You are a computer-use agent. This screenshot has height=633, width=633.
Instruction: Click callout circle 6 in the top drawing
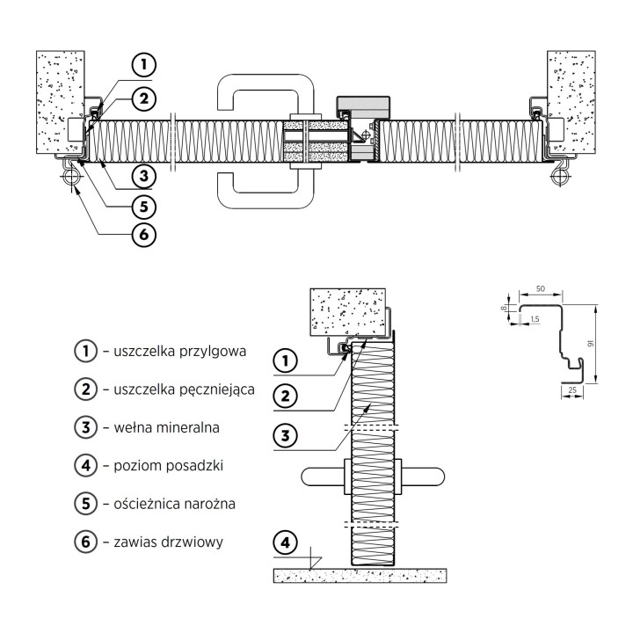[144, 235]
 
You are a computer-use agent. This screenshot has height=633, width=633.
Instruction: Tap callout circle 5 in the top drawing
[144, 207]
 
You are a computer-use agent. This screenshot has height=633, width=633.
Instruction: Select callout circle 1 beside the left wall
[144, 64]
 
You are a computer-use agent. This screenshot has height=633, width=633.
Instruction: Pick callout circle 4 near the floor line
[286, 542]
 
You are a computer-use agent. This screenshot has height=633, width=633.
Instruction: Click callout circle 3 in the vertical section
[286, 435]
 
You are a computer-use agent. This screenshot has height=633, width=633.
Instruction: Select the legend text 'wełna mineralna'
[166, 427]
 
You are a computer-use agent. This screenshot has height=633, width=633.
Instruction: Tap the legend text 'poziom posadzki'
[168, 465]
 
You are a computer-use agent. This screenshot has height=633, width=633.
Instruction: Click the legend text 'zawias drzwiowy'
[168, 542]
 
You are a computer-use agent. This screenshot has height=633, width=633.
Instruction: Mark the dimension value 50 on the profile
[540, 288]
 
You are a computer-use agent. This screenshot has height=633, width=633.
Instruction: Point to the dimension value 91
[591, 344]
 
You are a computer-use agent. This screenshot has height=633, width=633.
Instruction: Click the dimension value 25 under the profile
[572, 390]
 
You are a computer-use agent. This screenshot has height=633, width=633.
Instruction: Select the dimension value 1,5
[535, 319]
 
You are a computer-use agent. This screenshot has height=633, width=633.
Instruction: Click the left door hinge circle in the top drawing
[71, 177]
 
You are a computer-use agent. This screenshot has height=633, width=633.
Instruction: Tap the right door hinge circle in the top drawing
[560, 177]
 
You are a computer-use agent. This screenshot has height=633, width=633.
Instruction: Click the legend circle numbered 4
[85, 465]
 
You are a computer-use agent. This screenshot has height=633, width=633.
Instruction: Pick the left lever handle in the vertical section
[323, 477]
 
